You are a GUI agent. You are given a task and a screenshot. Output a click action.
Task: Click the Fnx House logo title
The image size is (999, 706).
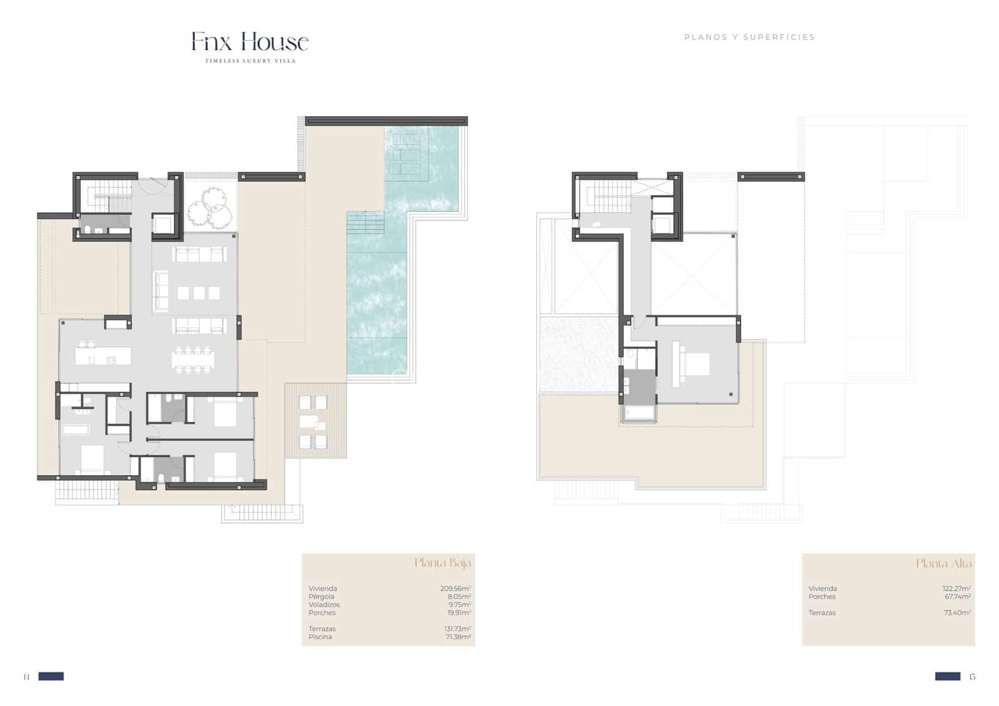[x=250, y=42]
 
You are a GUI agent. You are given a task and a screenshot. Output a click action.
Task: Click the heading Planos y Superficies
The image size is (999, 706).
[x=749, y=37]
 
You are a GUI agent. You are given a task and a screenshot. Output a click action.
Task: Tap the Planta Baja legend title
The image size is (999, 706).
[x=443, y=563]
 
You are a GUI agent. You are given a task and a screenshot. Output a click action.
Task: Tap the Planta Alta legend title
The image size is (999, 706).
[x=943, y=564]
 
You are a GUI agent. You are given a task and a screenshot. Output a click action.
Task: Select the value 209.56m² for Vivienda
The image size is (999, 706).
[x=455, y=589]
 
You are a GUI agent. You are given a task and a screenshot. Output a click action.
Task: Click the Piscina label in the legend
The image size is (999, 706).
[x=320, y=637]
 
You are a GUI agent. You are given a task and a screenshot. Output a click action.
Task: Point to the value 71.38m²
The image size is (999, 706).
[x=458, y=637]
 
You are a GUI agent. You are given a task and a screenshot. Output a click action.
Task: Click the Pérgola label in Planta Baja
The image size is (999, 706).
[x=321, y=597]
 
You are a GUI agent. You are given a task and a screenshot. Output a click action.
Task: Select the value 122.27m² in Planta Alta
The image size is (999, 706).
[x=957, y=589]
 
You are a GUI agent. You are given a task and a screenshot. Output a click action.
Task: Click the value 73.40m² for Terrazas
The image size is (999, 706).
[x=957, y=613]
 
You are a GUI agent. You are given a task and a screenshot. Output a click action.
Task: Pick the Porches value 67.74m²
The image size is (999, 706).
[x=958, y=597]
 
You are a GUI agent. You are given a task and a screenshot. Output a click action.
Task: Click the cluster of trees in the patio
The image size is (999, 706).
[x=209, y=208]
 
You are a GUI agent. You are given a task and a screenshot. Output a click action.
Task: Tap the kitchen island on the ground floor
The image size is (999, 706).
[x=103, y=356]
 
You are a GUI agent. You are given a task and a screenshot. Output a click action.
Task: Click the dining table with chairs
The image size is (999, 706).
[x=193, y=360]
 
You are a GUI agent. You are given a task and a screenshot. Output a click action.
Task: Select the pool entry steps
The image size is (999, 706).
[x=366, y=223]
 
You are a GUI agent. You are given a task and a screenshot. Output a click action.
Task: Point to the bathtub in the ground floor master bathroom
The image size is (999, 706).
[x=76, y=429]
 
